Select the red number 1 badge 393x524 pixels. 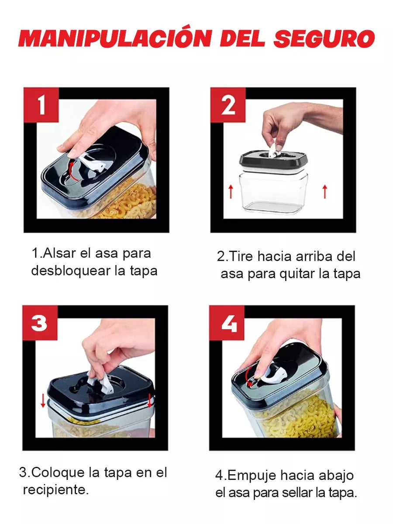(41, 105)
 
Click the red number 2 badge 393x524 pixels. (228, 105)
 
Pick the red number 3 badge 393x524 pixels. (40, 323)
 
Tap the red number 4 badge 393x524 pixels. (227, 323)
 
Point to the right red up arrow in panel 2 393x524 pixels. (324, 191)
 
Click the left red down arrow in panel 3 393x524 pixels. (43, 400)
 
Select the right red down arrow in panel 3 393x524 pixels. (150, 400)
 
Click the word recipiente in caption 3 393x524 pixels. (55, 490)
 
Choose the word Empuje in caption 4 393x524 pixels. (252, 475)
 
